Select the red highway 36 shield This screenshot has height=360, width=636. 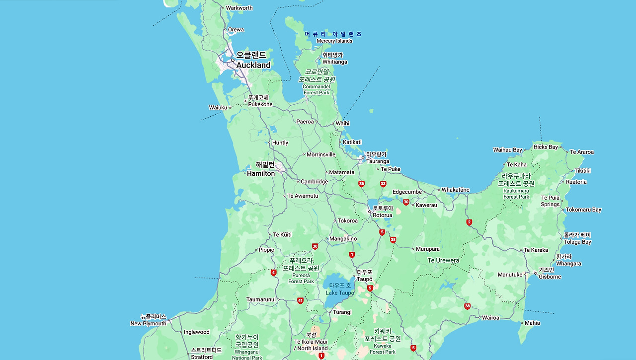coord(361,184)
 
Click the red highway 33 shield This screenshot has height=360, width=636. coord(383,184)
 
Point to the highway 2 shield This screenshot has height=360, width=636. coord(469,222)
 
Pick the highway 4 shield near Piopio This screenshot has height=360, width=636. coord(274,273)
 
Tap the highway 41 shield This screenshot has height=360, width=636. coord(300,300)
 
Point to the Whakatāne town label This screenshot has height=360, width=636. coord(455,190)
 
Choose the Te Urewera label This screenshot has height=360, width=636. coord(443,260)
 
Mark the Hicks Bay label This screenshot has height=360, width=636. coord(546,147)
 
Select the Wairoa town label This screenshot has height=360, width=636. coord(490,318)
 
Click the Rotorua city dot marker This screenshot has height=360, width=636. coord(369,212)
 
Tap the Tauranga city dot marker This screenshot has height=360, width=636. coord(363,158)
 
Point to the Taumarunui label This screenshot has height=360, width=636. coord(261,299)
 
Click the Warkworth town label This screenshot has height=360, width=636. coord(239,8)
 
